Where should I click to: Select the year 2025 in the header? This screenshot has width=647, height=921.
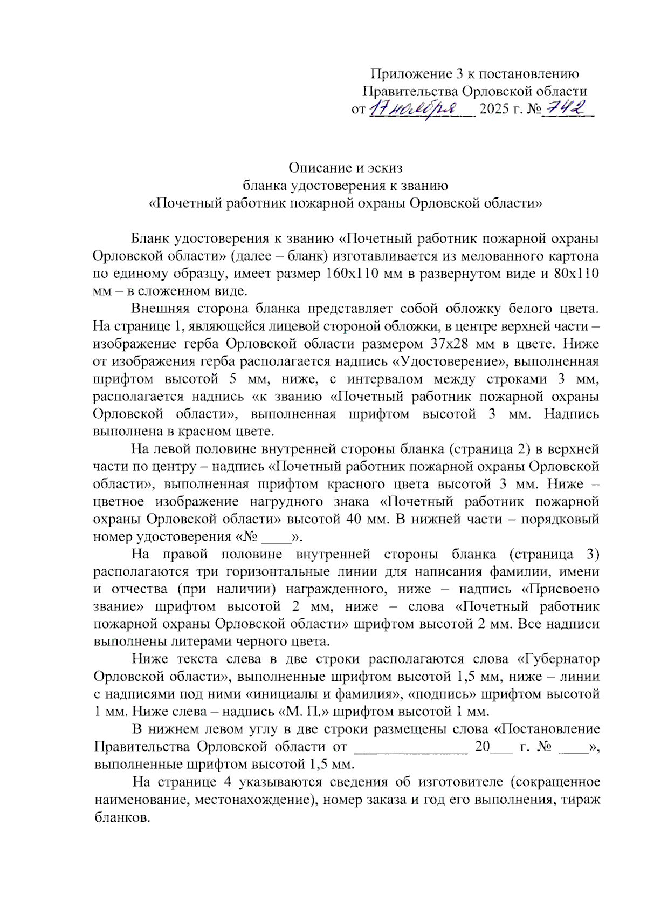494,109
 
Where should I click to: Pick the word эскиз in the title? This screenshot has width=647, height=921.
385,168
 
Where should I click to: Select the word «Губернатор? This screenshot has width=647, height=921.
558,659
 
